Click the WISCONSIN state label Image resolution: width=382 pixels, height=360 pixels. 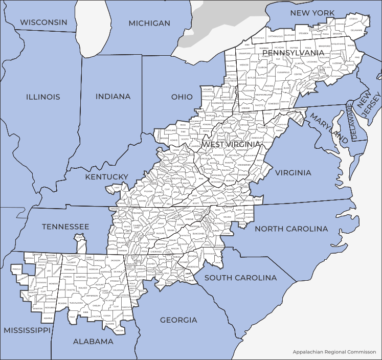[x=43, y=22]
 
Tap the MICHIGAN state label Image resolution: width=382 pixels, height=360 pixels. [x=149, y=23]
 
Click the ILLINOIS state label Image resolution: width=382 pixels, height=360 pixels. [x=43, y=97]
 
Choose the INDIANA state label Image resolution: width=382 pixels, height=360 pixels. [x=113, y=97]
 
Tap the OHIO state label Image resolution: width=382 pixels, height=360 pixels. [x=182, y=97]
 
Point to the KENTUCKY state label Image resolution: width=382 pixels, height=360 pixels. [x=106, y=177]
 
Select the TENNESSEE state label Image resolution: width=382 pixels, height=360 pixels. [x=65, y=227]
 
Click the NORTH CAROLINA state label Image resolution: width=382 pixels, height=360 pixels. [x=291, y=229]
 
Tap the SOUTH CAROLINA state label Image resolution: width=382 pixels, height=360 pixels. [x=240, y=278]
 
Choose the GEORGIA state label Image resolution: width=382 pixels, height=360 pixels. [x=178, y=320]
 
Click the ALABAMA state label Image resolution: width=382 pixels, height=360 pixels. [x=93, y=341]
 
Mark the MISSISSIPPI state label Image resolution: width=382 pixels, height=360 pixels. [x=27, y=330]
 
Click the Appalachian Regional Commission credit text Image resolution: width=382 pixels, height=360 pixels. [x=334, y=352]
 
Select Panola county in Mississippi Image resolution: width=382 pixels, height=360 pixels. [x=16, y=268]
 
